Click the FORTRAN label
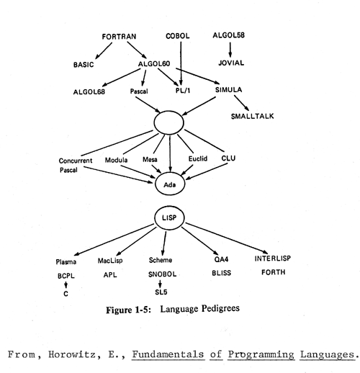pos(119,37)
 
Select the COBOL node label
pos(178,36)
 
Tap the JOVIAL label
pos(231,63)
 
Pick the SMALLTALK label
pos(252,116)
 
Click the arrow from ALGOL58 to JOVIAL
pos(230,50)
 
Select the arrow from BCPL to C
pos(66,284)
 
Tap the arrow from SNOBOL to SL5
pos(160,284)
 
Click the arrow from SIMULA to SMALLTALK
pos(242,103)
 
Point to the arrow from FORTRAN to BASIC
pos(104,50)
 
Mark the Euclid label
pos(198,158)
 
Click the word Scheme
pos(161,260)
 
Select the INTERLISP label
pos(273,259)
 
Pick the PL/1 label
pos(183,91)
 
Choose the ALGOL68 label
pos(89,92)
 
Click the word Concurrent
pos(76,161)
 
